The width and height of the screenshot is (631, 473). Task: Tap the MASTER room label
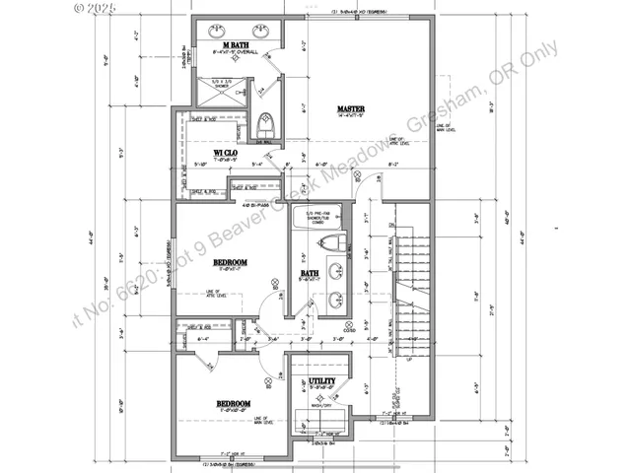[352, 108]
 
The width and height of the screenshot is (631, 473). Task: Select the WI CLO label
[225, 153]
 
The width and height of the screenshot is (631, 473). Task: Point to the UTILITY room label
[322, 381]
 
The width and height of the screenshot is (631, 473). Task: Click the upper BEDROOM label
[231, 262]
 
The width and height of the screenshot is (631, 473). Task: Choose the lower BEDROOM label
[234, 403]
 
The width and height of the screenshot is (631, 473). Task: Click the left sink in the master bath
[219, 29]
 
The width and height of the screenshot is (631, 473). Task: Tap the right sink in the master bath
[262, 29]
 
